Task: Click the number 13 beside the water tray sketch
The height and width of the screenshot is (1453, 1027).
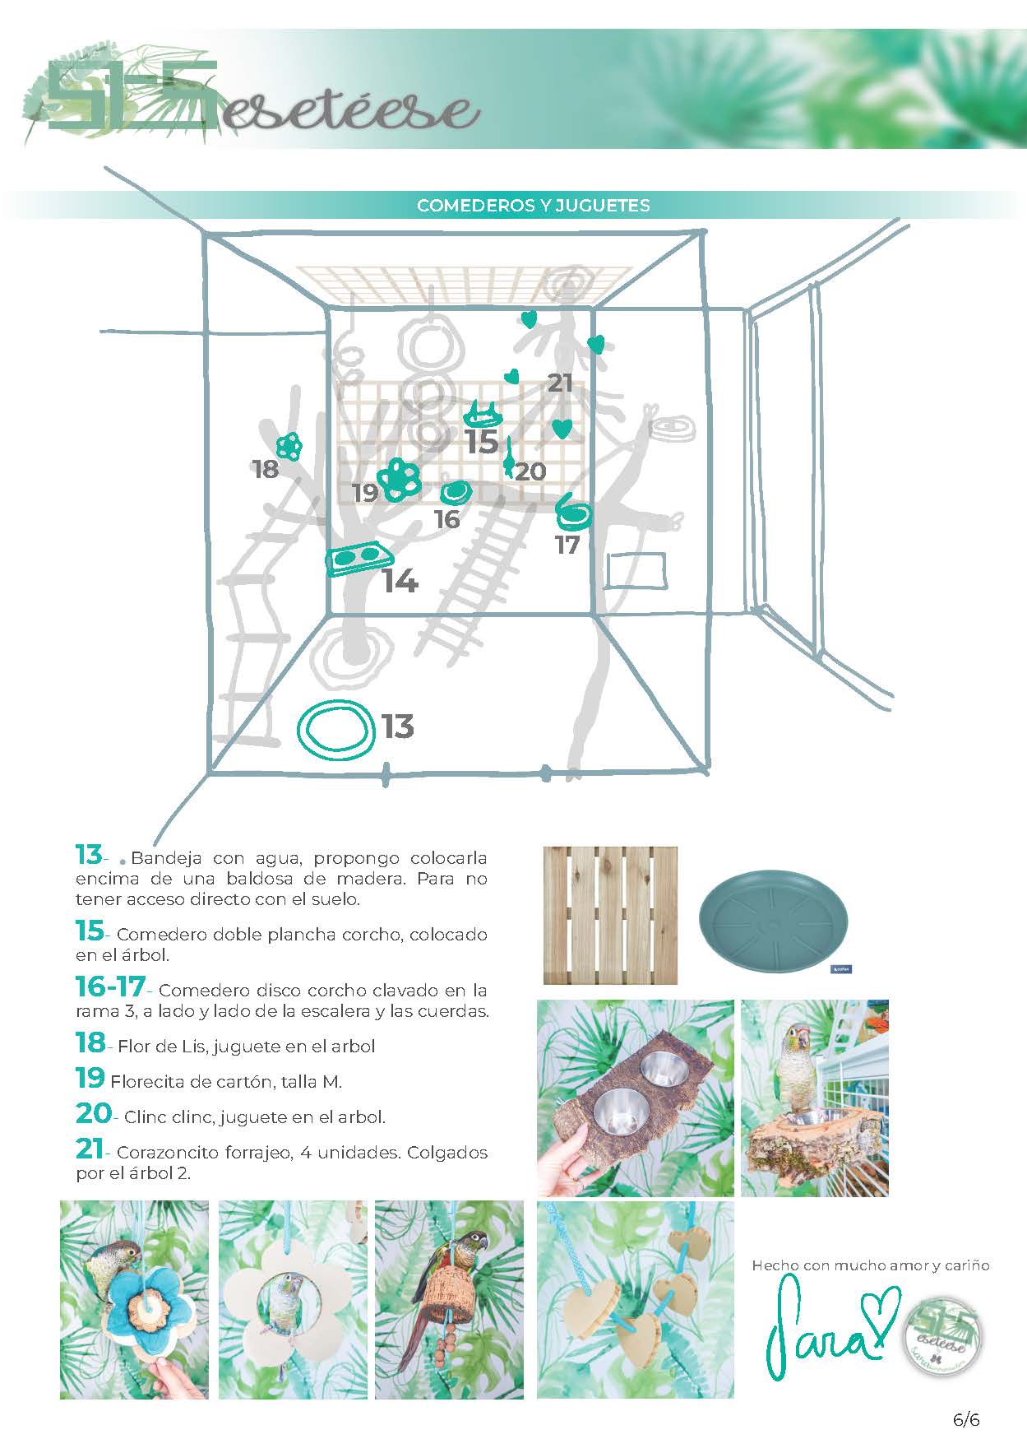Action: (x=397, y=726)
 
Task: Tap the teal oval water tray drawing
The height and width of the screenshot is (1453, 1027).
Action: (x=334, y=730)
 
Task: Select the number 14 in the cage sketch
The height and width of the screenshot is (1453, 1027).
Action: (x=400, y=582)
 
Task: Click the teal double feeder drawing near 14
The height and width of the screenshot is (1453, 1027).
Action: (x=358, y=559)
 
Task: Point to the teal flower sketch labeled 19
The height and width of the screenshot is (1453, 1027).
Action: (x=400, y=479)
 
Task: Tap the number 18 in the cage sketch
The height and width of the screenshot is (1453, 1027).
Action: (x=265, y=469)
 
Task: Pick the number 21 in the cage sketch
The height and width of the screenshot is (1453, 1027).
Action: (x=560, y=383)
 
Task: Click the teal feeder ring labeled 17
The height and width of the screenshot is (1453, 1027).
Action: (x=573, y=515)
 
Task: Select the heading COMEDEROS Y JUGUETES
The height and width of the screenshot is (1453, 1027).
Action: (x=533, y=206)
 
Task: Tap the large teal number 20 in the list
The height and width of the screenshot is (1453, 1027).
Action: (x=93, y=1114)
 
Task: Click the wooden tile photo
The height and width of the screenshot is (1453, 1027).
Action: (x=610, y=915)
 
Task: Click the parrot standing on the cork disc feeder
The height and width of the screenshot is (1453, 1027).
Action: (x=796, y=1069)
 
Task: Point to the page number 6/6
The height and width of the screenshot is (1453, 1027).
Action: (x=966, y=1420)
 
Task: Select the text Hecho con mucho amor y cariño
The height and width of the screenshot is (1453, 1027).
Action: (x=870, y=1265)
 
